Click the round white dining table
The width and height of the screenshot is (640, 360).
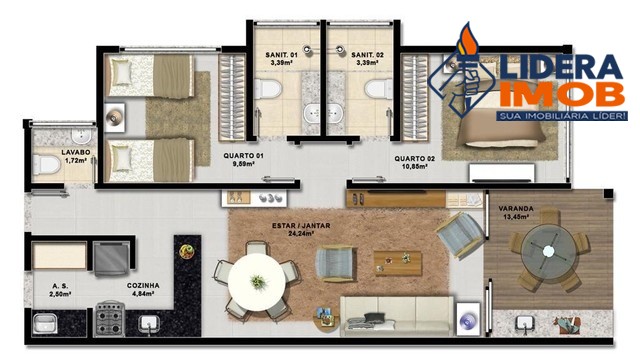pyautogui.click(x=259, y=283)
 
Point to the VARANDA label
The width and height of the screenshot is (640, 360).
pyautogui.click(x=515, y=208)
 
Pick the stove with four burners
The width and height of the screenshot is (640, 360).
pyautogui.click(x=109, y=320)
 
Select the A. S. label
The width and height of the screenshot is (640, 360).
pyautogui.click(x=60, y=285)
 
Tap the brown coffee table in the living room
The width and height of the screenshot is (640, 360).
pyautogui.click(x=397, y=262)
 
